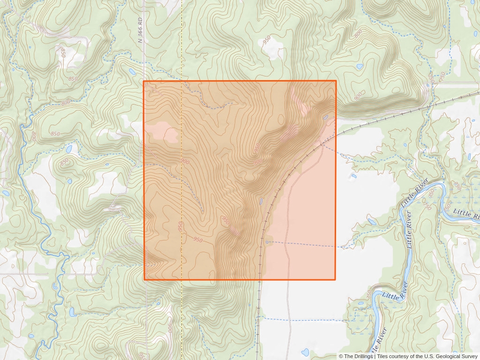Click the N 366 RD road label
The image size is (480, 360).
140,30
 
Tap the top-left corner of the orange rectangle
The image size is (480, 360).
144,82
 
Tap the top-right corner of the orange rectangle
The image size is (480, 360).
336,81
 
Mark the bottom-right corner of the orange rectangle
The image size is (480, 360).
335,280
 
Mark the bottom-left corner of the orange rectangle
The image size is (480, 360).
144,280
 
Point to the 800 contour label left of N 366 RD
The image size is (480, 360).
65,102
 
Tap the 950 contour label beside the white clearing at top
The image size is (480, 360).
267,42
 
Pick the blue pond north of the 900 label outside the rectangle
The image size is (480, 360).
360,67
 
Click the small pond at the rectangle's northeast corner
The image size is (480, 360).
325,117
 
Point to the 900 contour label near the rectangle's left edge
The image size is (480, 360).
185,161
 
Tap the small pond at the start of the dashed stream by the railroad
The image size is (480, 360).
267,242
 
